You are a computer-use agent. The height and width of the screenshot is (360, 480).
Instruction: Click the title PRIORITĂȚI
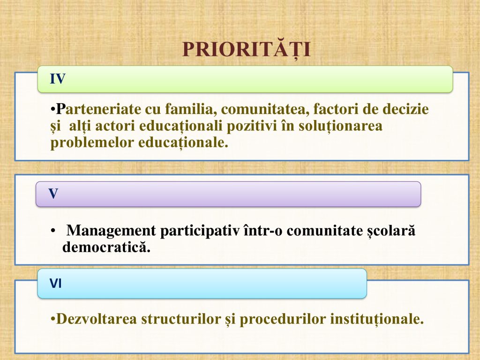pos(247,50)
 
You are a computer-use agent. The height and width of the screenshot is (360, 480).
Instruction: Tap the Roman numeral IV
pos(58,79)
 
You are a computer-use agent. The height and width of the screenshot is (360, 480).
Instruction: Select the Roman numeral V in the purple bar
pos(53,194)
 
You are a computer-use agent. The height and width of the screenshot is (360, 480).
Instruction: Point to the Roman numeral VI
pos(56,284)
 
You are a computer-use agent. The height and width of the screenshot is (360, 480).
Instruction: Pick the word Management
pos(111,231)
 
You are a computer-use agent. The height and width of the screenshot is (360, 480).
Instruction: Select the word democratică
pos(106,247)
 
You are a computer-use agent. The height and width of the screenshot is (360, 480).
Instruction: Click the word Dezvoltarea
pos(97,319)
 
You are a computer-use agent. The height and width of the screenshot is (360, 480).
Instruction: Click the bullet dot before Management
pos(53,231)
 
